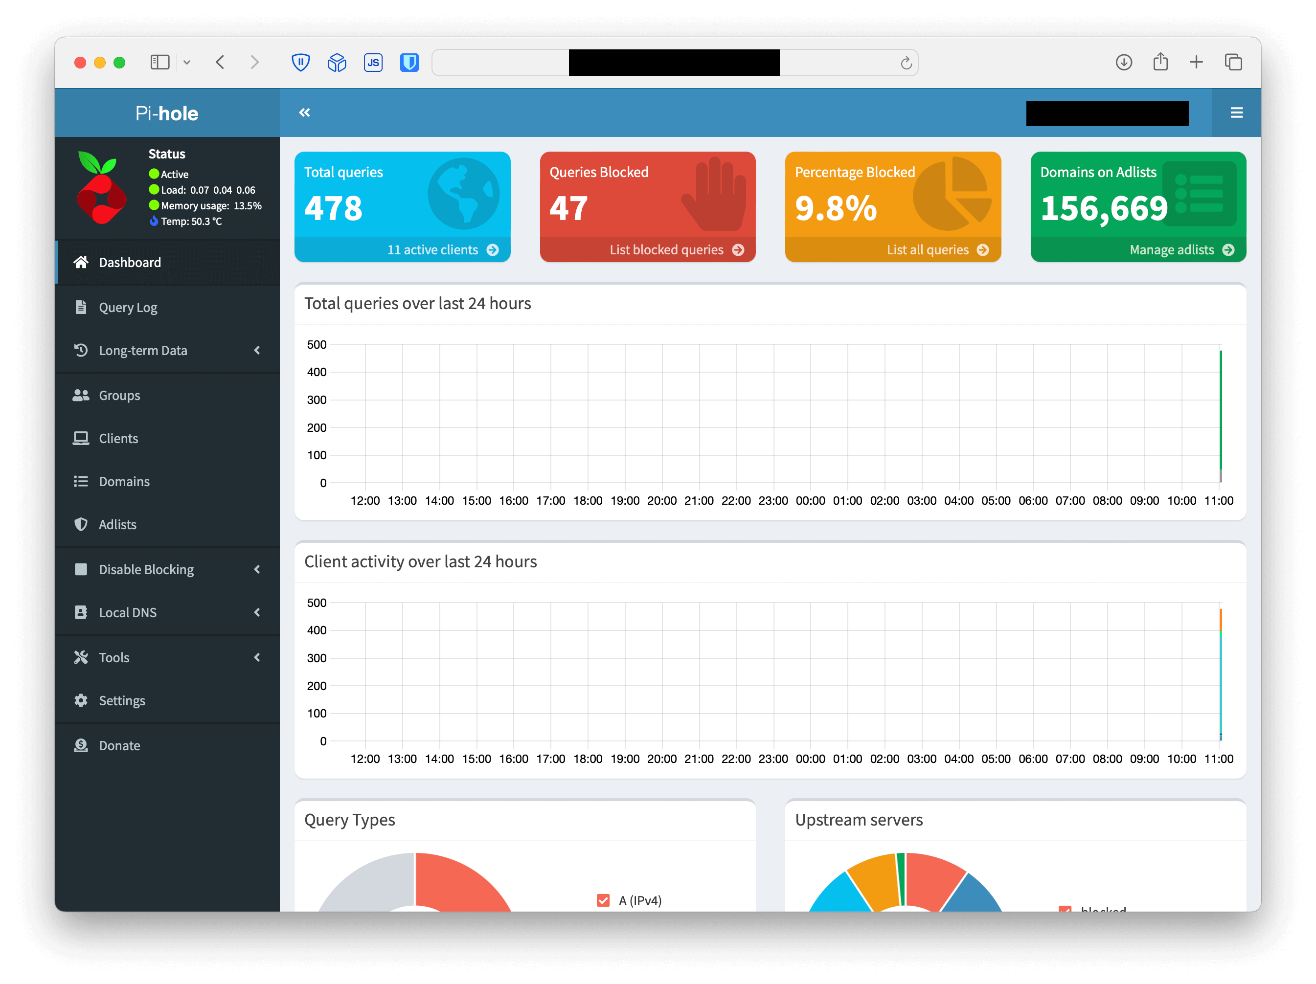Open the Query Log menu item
click(x=127, y=308)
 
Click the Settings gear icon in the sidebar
click(x=81, y=700)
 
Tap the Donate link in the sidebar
click(x=119, y=745)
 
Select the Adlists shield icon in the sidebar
click(x=81, y=524)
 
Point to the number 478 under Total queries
click(x=333, y=209)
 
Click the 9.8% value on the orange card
click(x=836, y=209)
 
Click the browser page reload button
click(x=906, y=63)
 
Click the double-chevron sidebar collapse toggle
click(x=305, y=112)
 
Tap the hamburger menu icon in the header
click(x=1236, y=112)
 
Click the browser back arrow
click(x=220, y=63)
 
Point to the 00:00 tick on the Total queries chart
click(x=810, y=501)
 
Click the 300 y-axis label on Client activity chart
click(x=317, y=658)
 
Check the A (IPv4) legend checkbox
click(x=603, y=900)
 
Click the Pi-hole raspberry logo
click(x=102, y=188)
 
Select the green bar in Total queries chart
click(x=1220, y=410)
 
